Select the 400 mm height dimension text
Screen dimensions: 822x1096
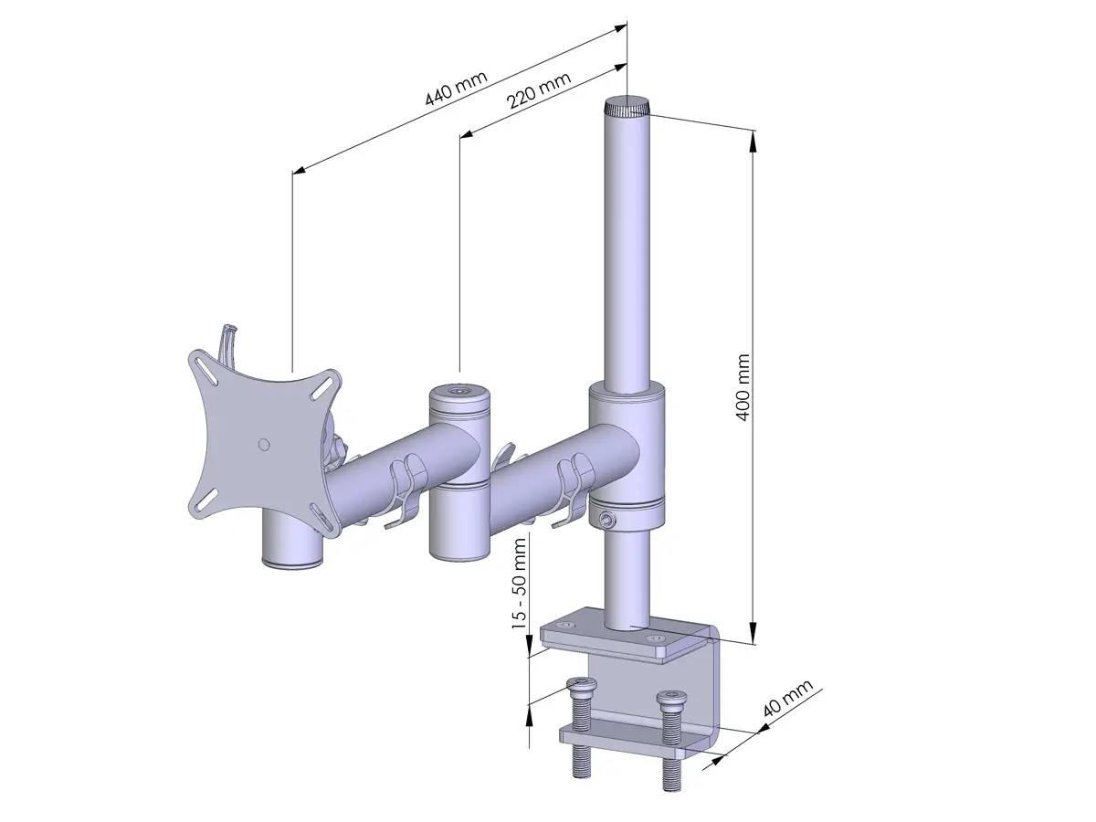[743, 386]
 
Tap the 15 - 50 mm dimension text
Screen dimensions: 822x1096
[520, 583]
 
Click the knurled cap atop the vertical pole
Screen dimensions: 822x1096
[626, 109]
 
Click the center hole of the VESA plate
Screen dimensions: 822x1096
[264, 444]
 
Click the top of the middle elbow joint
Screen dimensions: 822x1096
[459, 395]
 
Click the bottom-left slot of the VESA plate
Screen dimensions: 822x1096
[204, 501]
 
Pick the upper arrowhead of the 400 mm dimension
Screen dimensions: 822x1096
[753, 138]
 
